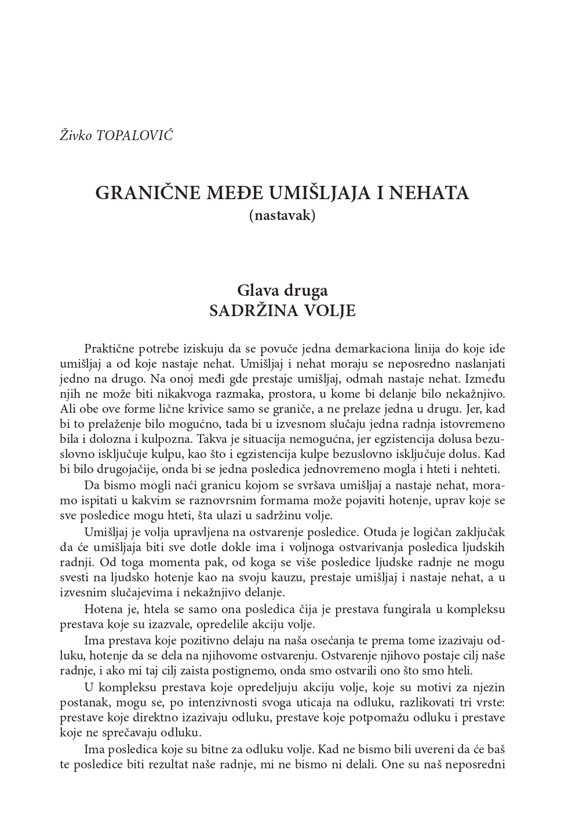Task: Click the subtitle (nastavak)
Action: pyautogui.click(x=282, y=215)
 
